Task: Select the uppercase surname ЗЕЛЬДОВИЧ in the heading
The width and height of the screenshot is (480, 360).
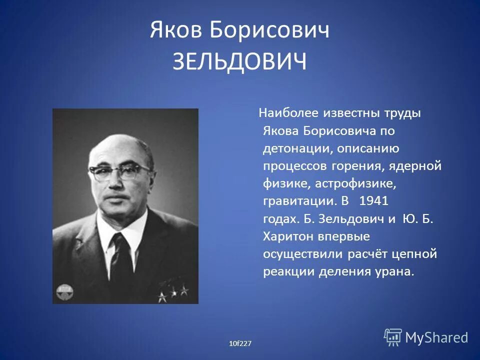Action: point(239,63)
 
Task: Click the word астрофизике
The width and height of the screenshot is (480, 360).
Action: point(355,184)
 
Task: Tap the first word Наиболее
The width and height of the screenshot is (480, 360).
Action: point(287,113)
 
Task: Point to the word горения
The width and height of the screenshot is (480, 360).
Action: point(357,166)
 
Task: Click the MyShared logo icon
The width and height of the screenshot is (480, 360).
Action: point(393,337)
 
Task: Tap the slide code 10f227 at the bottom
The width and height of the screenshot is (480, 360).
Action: point(240,343)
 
